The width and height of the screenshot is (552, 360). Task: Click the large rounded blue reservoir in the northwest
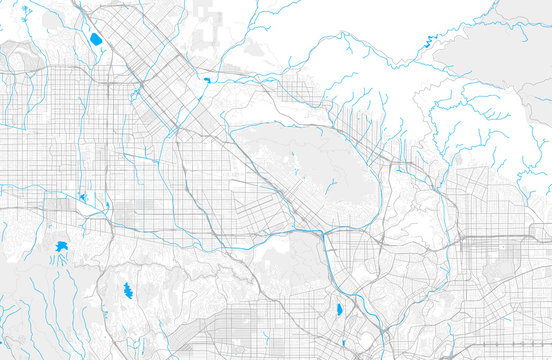(x=96, y=40)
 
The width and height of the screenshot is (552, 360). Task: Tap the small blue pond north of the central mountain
(x=206, y=80)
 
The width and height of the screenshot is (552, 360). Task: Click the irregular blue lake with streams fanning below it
(x=62, y=245)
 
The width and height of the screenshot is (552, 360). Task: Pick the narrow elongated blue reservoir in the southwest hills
(x=127, y=291)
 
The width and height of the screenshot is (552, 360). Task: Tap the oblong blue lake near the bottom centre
(x=339, y=309)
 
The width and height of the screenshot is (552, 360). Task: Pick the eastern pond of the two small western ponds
(x=107, y=207)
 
